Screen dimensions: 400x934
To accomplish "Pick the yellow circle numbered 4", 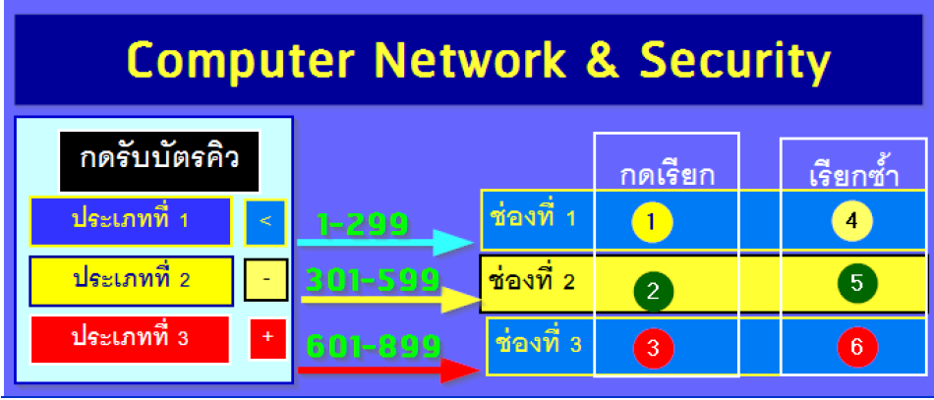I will [851, 221].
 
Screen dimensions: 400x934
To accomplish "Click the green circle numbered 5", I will [856, 284].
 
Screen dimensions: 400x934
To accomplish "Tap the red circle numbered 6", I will [856, 347].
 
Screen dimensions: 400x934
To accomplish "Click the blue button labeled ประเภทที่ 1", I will [130, 220].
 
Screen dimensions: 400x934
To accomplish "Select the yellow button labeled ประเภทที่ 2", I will [130, 280].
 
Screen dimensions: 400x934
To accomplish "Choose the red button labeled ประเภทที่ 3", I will [130, 338].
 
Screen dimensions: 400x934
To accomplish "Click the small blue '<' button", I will [265, 220].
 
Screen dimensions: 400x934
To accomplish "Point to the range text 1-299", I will [362, 225].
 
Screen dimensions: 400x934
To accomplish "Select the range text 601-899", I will [373, 346].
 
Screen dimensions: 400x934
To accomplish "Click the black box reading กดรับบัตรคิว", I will [158, 160].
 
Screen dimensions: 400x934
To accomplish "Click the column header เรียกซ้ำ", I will [853, 176].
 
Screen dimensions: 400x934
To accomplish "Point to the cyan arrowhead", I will [453, 242].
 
